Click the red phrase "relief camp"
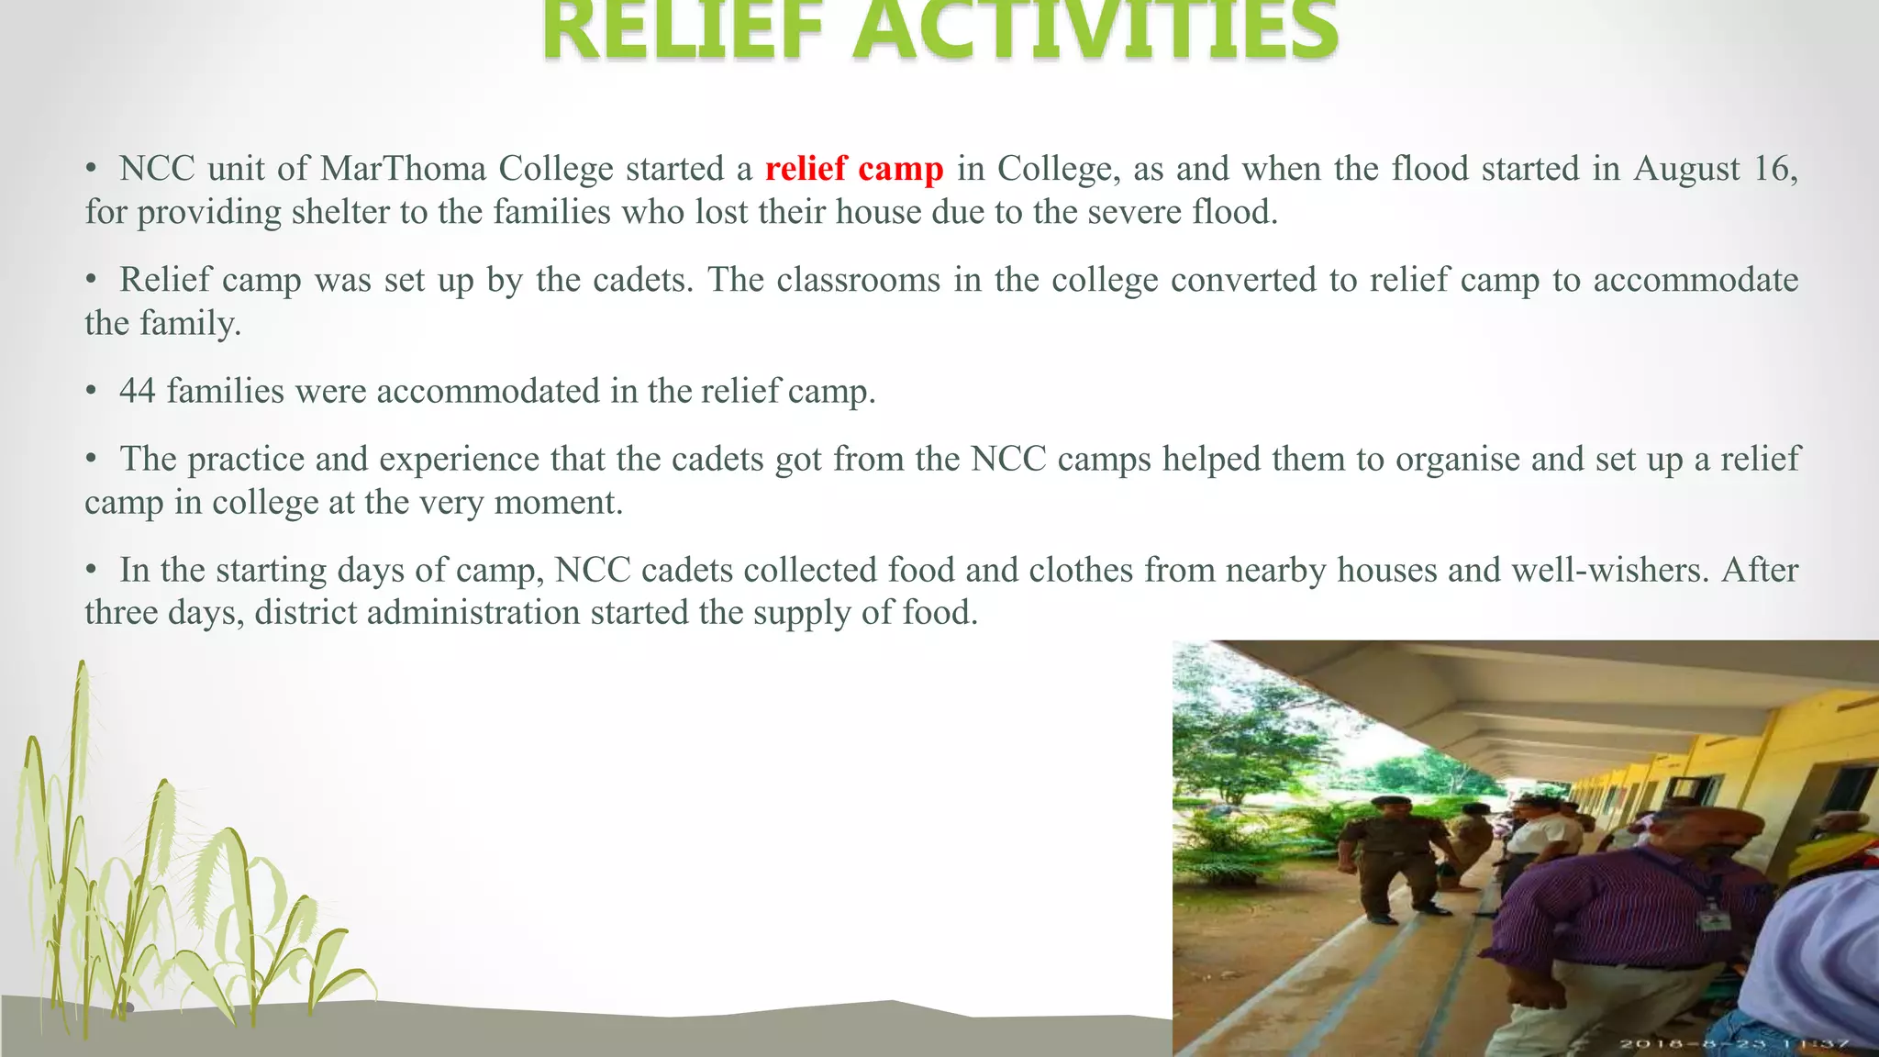point(853,170)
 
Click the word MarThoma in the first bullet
point(403,170)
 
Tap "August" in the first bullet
point(1686,170)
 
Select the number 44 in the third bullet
point(138,392)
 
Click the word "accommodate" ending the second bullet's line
point(1695,281)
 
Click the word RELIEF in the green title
point(684,32)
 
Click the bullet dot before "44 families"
point(91,392)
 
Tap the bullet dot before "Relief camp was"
point(91,281)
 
